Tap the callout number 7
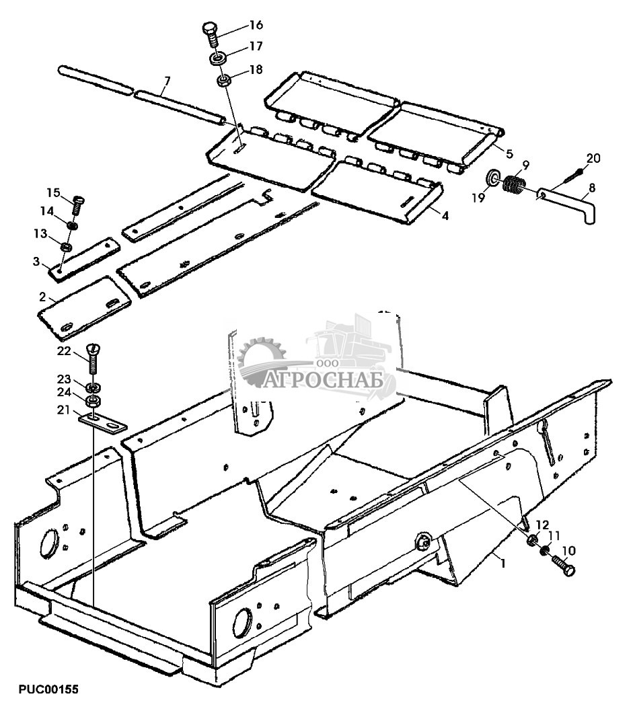coord(166,82)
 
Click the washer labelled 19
coord(493,179)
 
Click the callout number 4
coord(445,214)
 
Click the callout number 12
coord(542,524)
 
